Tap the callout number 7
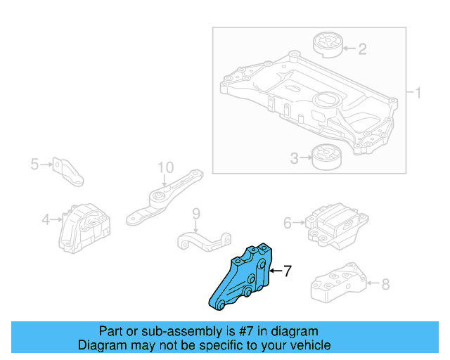(286, 270)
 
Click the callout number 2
(362, 49)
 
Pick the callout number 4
(46, 220)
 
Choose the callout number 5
(34, 165)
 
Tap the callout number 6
(288, 223)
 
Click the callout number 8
(385, 285)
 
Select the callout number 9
(196, 213)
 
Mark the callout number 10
(165, 167)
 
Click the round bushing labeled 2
(326, 44)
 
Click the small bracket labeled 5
(69, 172)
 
